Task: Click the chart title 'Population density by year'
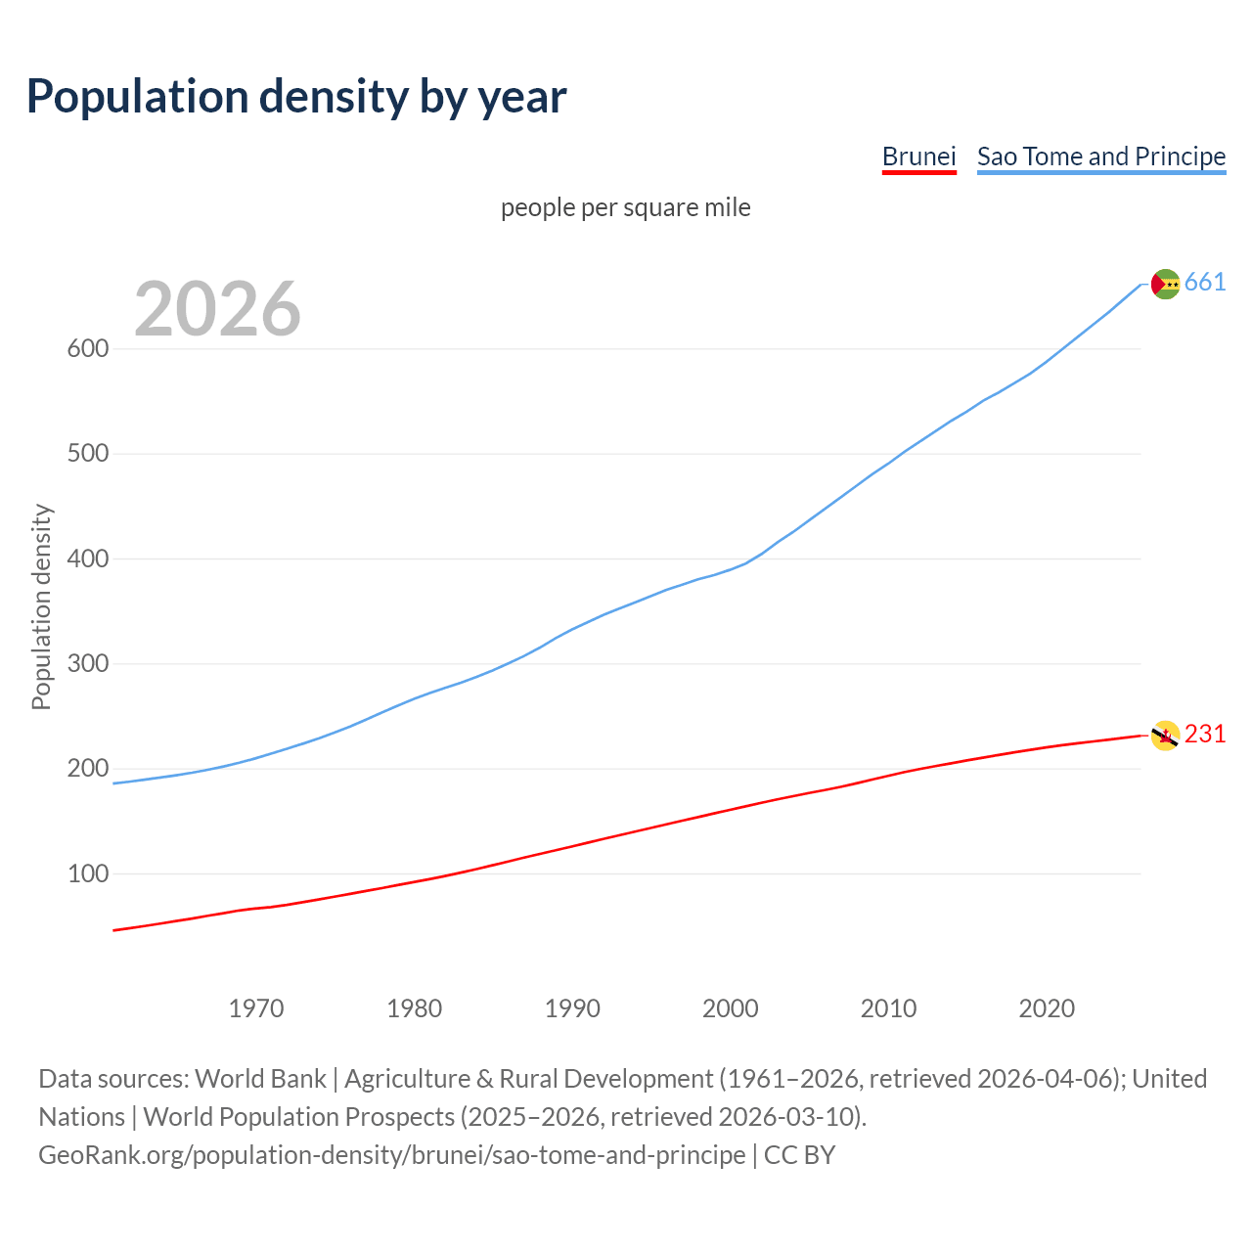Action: [x=296, y=96]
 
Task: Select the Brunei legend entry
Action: [x=918, y=156]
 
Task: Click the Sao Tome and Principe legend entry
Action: [x=1101, y=156]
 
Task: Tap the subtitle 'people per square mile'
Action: [x=626, y=207]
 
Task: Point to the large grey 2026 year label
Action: [x=217, y=309]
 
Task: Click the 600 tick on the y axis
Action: [x=87, y=349]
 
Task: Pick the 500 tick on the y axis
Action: [x=87, y=454]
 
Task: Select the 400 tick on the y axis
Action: [x=87, y=559]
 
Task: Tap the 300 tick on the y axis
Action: [x=87, y=664]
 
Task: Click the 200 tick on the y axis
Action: [x=87, y=769]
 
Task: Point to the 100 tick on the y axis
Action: [x=87, y=873]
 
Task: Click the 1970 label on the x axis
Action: [x=256, y=1008]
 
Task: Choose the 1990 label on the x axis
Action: [x=572, y=1008]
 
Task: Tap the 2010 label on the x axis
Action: [x=888, y=1008]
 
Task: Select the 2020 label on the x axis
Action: [x=1047, y=1008]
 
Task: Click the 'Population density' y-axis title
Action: [x=41, y=606]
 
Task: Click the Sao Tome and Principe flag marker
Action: [x=1165, y=284]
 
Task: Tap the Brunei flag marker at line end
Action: [x=1165, y=736]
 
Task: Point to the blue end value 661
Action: [x=1205, y=283]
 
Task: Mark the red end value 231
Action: [x=1205, y=735]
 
